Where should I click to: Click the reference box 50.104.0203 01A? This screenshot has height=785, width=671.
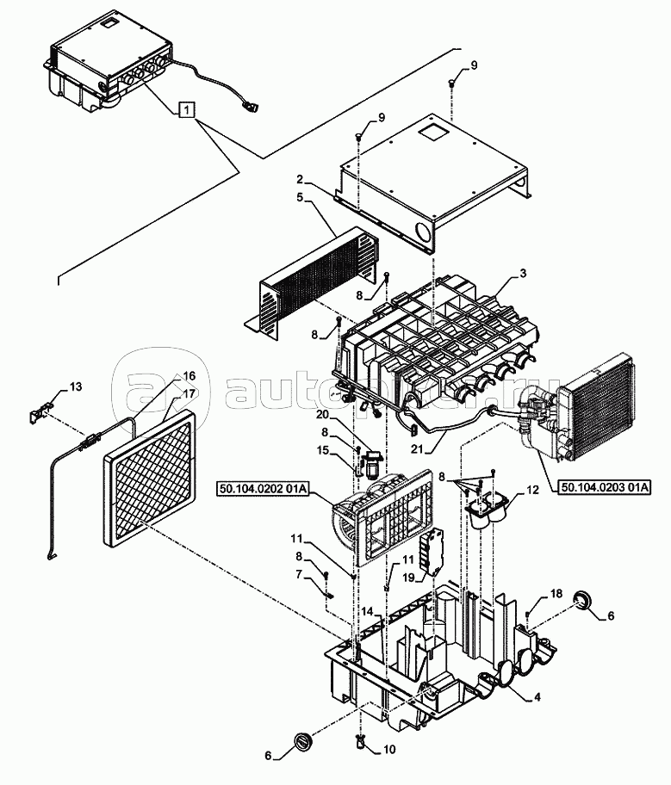point(603,488)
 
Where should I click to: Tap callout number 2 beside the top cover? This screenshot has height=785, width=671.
point(301,180)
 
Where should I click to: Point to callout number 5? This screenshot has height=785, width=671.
point(301,197)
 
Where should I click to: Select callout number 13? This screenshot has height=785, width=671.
point(76,386)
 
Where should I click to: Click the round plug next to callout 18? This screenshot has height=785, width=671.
point(585,600)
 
